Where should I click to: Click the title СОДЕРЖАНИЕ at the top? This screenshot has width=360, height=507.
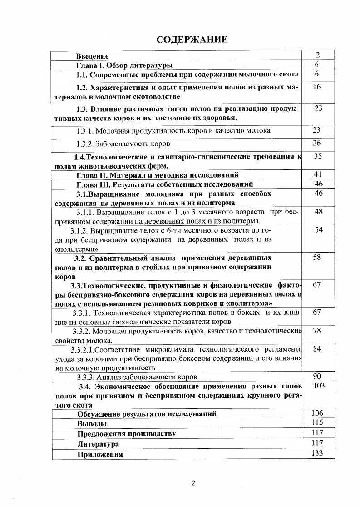coord(192,40)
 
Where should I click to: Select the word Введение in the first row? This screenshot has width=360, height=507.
coord(92,56)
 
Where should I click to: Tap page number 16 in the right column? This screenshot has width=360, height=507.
coord(317,87)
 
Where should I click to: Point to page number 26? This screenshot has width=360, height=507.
coord(317,144)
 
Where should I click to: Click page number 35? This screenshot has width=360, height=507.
coord(317,156)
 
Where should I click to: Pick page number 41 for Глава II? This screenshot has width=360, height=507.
coord(317,174)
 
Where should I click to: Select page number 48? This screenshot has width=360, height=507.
coord(317,211)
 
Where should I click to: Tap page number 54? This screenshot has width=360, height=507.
coord(319,230)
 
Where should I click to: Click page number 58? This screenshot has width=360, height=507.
coord(317,257)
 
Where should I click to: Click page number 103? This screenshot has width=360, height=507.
coord(318,386)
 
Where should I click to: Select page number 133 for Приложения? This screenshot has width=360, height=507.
coord(317,453)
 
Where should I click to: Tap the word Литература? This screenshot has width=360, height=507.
coord(98,444)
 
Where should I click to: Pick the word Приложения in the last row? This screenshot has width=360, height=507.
coord(100,454)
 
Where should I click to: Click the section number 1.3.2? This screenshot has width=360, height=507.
coord(85,144)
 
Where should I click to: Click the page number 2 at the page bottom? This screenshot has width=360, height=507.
coord(193,483)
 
